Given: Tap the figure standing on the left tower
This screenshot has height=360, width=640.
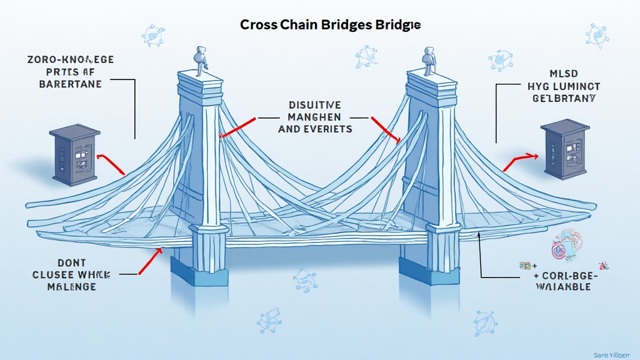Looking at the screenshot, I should click(201, 61).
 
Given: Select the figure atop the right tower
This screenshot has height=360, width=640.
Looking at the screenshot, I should click(429, 60).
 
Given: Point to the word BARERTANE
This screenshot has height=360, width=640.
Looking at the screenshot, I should click(70, 84).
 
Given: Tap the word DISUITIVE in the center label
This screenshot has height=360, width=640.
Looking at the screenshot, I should click(314, 105).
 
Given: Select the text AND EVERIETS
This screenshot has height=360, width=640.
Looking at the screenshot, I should click(314, 129).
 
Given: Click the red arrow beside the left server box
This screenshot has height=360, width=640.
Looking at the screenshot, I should click(112, 162).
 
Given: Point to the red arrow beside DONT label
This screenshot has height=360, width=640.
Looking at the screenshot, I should click(149, 261).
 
